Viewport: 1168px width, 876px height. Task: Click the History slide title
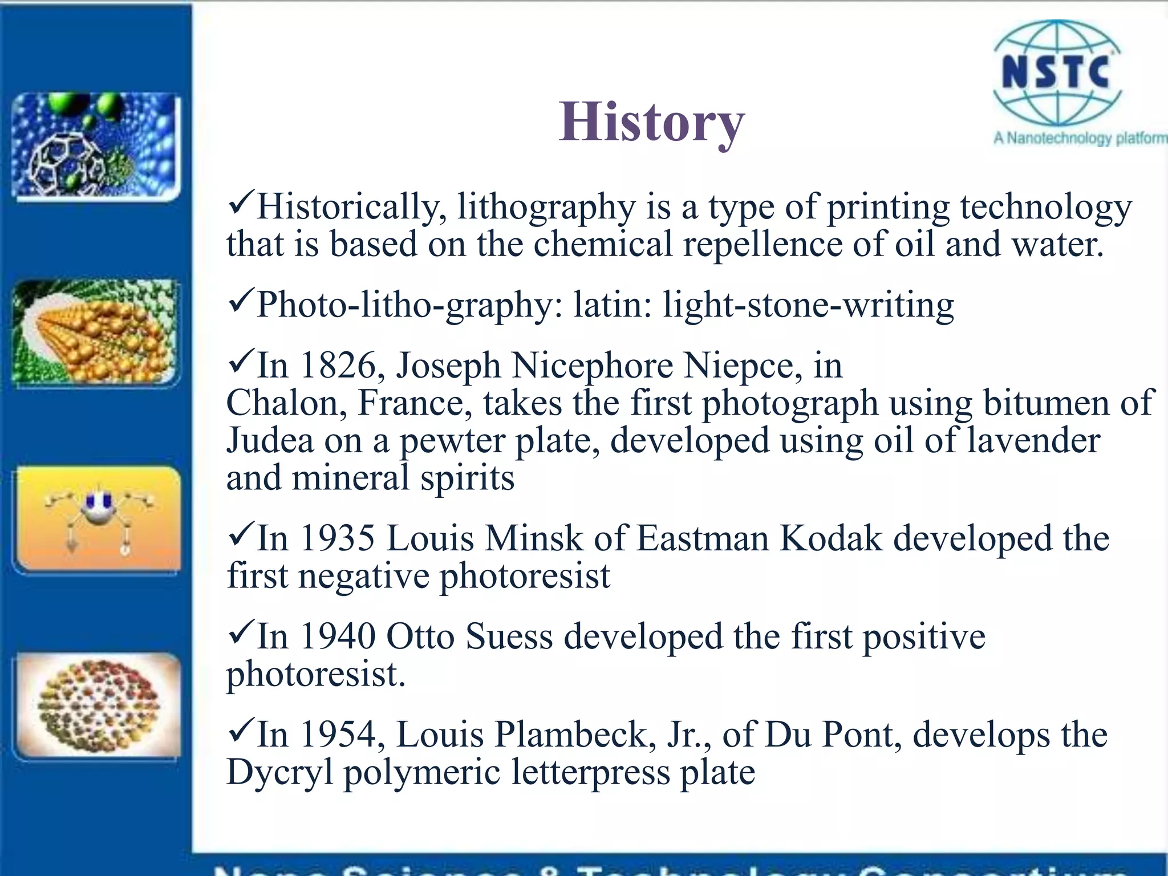tap(651, 122)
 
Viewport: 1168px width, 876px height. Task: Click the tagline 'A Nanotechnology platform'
tap(1080, 139)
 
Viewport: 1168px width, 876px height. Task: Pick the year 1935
tap(337, 538)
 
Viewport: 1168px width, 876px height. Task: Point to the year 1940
tap(337, 636)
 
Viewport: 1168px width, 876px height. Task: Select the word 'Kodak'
tap(830, 538)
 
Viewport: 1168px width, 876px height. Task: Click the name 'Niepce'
tap(739, 366)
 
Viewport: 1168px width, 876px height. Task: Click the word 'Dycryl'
tap(279, 773)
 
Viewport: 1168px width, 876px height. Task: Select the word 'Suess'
tap(509, 636)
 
